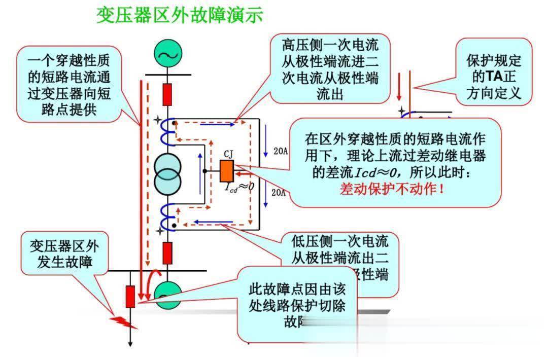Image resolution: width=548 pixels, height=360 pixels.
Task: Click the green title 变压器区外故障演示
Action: coord(180,15)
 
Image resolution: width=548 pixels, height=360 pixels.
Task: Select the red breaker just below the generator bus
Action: coord(167,94)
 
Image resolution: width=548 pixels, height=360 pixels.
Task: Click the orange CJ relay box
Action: coord(226,171)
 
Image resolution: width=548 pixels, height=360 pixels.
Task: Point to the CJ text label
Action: coord(228,155)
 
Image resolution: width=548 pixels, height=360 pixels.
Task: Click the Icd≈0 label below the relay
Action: coord(239,187)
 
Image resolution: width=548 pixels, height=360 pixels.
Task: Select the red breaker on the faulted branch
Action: coord(130,296)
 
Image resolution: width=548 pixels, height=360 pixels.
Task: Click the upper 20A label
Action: coord(278,152)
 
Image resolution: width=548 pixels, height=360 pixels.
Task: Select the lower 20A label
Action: coord(278,192)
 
